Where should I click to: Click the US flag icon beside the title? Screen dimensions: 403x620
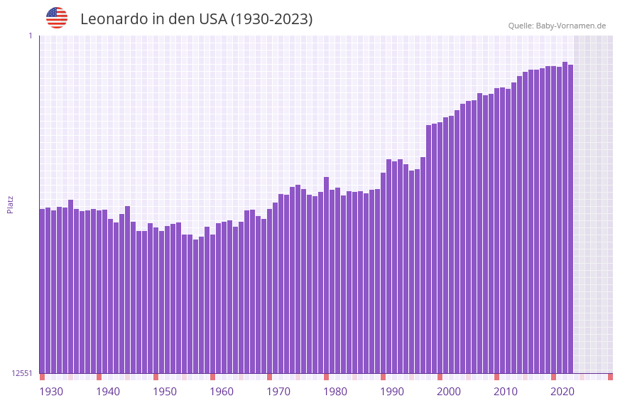(x=57, y=18)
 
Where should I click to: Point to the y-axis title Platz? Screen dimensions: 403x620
(x=10, y=204)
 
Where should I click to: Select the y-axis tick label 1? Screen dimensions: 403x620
(x=30, y=36)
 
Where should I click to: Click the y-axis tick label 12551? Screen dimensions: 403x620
(x=23, y=373)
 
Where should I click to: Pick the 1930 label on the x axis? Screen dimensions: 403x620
(x=51, y=392)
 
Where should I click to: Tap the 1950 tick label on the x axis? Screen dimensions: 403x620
(x=165, y=392)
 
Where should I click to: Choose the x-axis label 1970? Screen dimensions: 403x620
(x=278, y=392)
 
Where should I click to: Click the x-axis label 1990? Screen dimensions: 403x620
(x=392, y=392)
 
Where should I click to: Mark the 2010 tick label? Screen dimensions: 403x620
(x=506, y=392)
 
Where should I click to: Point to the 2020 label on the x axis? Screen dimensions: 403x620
(x=562, y=392)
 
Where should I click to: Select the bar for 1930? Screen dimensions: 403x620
(x=43, y=291)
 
